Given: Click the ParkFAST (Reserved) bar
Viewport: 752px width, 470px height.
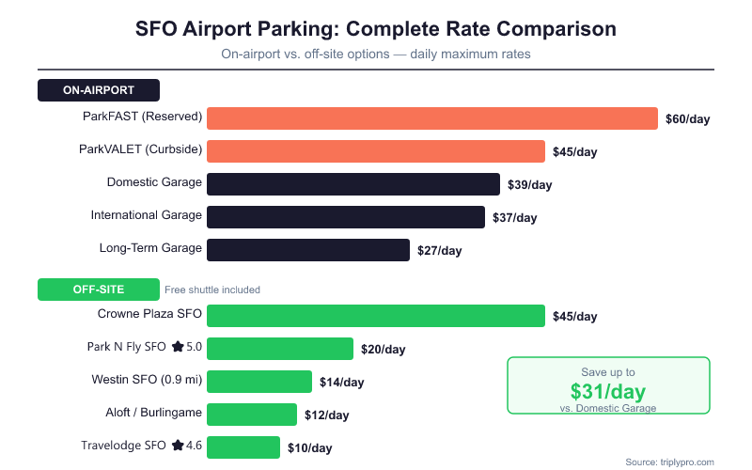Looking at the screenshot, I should (x=431, y=118).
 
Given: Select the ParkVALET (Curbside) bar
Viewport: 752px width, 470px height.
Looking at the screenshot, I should (x=375, y=151).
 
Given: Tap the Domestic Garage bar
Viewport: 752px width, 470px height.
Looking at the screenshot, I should (x=352, y=184).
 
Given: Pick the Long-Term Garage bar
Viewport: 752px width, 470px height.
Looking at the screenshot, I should (x=307, y=250).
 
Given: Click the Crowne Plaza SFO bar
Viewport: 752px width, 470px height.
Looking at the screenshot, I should (x=375, y=316).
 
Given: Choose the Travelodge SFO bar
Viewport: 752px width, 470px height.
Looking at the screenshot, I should (x=243, y=447).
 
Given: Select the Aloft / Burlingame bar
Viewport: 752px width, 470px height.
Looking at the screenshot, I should (x=251, y=415).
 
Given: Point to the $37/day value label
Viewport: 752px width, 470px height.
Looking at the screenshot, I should (x=514, y=218).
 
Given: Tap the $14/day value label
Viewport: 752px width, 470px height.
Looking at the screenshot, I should (x=341, y=383).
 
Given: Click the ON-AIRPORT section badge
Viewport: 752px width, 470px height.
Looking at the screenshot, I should (x=99, y=90).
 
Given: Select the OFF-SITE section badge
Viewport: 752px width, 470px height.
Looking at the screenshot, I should (x=99, y=290).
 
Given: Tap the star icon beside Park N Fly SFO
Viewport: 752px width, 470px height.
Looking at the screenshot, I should (x=177, y=347).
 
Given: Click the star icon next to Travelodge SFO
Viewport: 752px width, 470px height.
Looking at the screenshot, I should (x=177, y=445).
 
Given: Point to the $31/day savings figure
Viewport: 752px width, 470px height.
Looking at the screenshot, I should (x=608, y=390).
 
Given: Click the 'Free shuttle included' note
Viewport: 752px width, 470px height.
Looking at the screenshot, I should (x=212, y=290).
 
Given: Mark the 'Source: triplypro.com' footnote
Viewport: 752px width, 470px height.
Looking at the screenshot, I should (x=669, y=462).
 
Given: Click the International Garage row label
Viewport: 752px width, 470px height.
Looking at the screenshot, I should (x=146, y=215).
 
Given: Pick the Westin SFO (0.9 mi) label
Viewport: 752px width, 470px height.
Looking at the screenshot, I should (x=148, y=380).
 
